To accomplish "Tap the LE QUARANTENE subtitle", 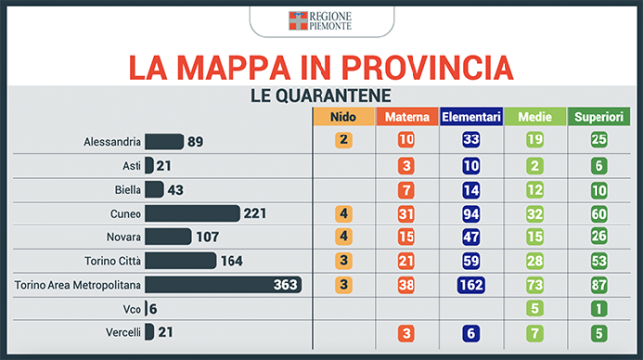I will click(x=322, y=96).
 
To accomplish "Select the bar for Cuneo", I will click(x=193, y=214).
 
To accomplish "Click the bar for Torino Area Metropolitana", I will click(x=223, y=285).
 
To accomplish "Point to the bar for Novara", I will click(x=168, y=237).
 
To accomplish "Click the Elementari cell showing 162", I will click(x=471, y=285).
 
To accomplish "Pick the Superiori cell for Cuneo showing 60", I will click(x=598, y=214).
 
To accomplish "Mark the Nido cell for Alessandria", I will click(x=343, y=140).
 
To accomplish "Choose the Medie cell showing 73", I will click(x=534, y=285).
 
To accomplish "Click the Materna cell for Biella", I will click(x=406, y=189).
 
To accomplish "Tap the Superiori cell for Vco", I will click(x=598, y=309).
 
